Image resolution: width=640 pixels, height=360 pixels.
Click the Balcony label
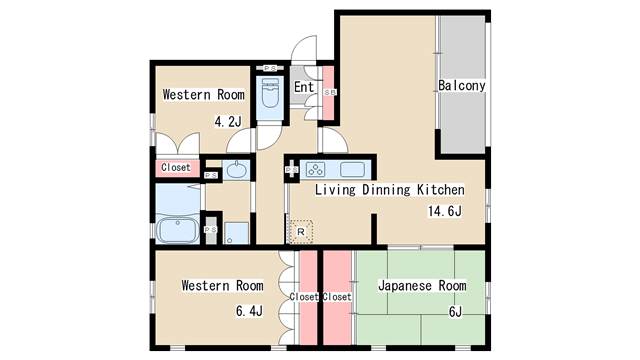[x=462, y=86]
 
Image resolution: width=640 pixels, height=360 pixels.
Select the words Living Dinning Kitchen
[x=390, y=189]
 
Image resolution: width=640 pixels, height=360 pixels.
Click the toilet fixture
[x=270, y=98]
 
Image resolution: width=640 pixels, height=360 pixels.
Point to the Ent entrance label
[x=305, y=88]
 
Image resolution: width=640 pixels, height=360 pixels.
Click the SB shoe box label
[x=330, y=92]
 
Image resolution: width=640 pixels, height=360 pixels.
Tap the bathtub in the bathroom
[x=179, y=230]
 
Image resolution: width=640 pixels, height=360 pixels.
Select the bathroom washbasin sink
[x=237, y=170]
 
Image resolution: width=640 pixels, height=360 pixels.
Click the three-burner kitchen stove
[x=317, y=168]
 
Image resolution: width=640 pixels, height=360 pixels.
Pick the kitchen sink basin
[x=355, y=168]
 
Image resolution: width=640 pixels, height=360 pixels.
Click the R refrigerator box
[x=300, y=231]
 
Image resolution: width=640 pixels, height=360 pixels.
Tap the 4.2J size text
[x=228, y=122]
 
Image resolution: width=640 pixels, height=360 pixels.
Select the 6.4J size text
[x=249, y=311]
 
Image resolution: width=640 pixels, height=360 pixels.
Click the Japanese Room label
[x=422, y=286]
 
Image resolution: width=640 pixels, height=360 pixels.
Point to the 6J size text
[x=455, y=311]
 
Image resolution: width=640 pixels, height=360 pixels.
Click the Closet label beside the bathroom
[x=176, y=168]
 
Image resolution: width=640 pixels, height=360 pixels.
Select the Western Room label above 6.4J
[x=222, y=286]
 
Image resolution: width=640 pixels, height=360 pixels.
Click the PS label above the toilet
[x=270, y=68]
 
